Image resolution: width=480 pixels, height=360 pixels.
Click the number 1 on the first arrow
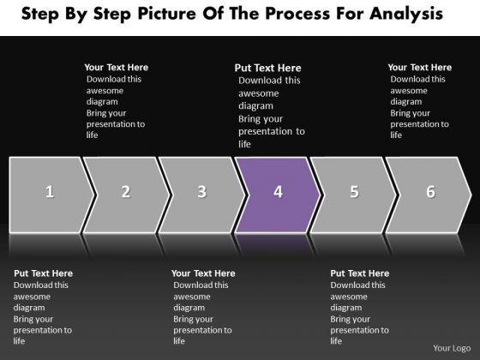click(x=50, y=192)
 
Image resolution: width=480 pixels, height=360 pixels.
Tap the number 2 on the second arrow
click(x=126, y=192)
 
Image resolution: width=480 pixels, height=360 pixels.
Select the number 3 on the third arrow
click(x=201, y=192)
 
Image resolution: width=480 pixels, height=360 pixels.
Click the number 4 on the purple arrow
click(x=278, y=192)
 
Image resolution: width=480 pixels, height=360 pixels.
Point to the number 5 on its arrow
click(x=354, y=192)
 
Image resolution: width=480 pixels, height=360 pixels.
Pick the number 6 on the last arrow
click(x=430, y=192)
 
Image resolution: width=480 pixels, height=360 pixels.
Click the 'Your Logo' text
click(x=452, y=348)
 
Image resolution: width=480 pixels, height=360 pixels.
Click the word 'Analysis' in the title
click(x=406, y=14)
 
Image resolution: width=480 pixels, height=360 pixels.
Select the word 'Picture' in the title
click(x=166, y=14)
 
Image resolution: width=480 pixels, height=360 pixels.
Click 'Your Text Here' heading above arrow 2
click(x=117, y=68)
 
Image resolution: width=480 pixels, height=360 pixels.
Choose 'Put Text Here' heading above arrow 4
click(x=267, y=68)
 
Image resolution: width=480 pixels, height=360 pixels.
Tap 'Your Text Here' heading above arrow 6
click(x=420, y=68)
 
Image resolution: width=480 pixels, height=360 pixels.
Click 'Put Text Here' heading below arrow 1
click(x=43, y=273)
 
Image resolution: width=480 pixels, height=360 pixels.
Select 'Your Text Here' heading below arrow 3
click(x=203, y=273)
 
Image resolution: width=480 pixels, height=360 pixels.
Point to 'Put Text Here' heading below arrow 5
click(x=360, y=273)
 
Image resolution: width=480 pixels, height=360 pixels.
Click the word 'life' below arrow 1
click(x=19, y=341)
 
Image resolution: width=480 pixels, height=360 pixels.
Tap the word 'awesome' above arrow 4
click(x=259, y=93)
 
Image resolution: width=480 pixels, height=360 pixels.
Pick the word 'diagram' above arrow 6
click(x=406, y=102)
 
